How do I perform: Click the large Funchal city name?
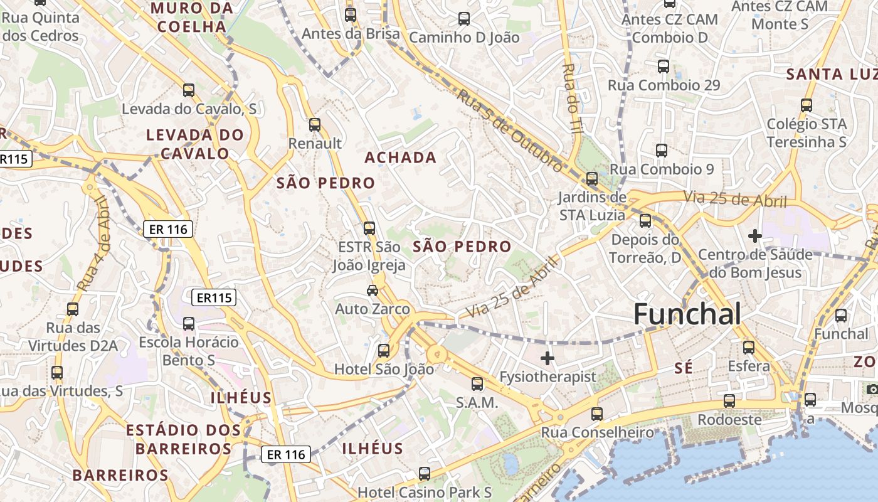(x=687, y=314)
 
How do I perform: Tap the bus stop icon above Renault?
(x=315, y=125)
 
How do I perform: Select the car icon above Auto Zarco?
(x=373, y=290)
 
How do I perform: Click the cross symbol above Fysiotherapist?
(x=547, y=358)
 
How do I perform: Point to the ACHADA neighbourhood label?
(x=401, y=157)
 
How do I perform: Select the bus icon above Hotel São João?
(x=384, y=351)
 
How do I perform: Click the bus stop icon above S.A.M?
(x=477, y=383)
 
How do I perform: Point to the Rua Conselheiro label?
(x=597, y=432)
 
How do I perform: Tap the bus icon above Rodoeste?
(x=729, y=400)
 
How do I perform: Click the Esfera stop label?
(x=748, y=366)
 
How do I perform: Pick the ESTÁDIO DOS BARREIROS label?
(x=183, y=439)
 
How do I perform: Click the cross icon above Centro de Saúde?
(x=755, y=236)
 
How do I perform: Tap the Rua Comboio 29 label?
(x=664, y=85)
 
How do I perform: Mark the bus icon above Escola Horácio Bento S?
(x=189, y=324)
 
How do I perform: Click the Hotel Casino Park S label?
(x=425, y=492)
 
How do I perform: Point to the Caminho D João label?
(x=464, y=37)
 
